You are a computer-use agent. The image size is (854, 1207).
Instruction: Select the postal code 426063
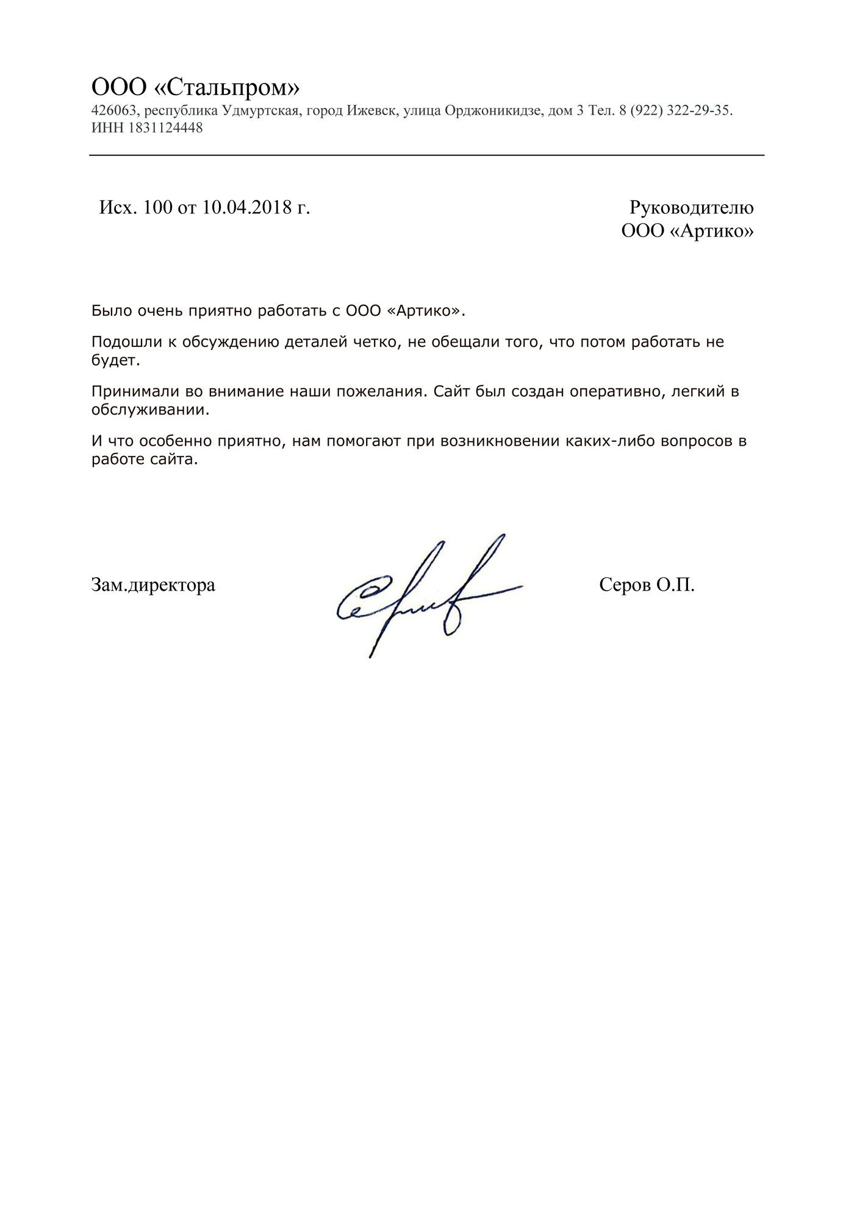coord(113,111)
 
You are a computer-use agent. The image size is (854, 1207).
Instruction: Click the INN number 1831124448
coord(166,128)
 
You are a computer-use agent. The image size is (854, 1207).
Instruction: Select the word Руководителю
coord(691,208)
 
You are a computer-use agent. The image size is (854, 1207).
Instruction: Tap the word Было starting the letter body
coord(110,311)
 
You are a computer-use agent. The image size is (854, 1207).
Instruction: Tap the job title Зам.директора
coord(153,585)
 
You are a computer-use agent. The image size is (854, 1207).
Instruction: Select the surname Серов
coord(625,585)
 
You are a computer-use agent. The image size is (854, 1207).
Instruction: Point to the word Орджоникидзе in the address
coord(492,111)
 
